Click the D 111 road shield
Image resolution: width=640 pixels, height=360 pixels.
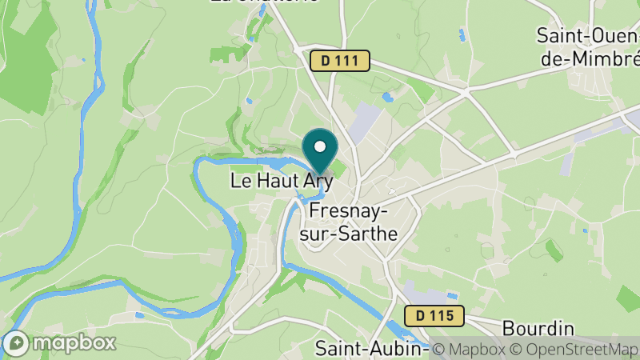coord(340,61)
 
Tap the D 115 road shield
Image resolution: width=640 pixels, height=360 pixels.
coord(434,316)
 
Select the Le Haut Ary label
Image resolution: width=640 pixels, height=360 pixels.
coord(281,181)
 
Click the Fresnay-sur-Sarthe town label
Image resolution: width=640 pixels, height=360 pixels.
coord(352,222)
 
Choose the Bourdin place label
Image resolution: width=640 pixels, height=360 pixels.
coord(538,329)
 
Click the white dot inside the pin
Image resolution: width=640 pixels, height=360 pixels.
coord(321,146)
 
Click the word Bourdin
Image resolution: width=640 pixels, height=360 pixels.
coord(538,329)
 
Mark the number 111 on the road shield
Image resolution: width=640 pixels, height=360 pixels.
coord(348,61)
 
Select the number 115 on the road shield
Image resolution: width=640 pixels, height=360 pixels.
coord(442,316)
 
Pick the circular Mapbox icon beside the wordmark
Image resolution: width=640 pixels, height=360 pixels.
coord(17,342)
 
